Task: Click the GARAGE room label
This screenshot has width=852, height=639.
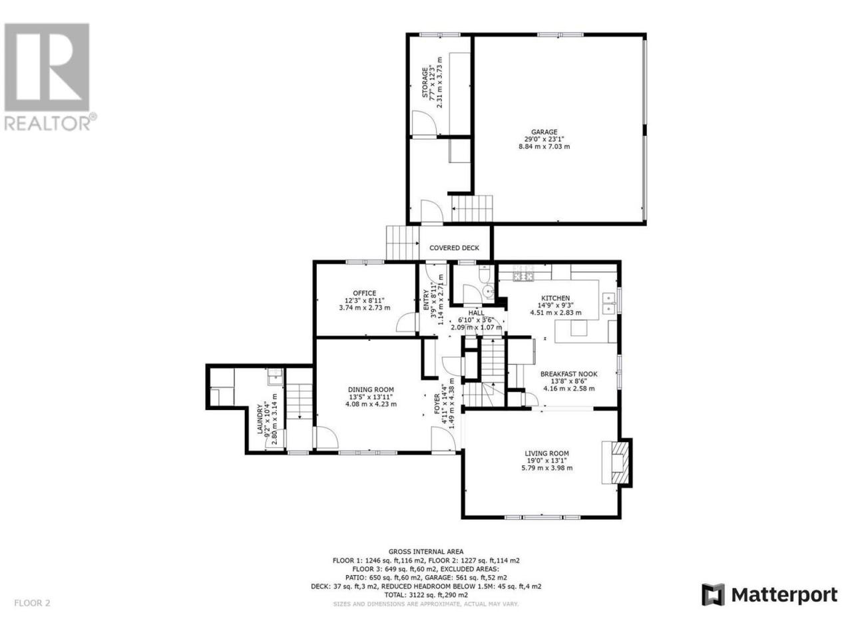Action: click(544, 132)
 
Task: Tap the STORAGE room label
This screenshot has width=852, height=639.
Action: click(425, 83)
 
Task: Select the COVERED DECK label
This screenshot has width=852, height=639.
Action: click(454, 248)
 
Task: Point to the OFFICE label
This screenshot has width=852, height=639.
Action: click(364, 294)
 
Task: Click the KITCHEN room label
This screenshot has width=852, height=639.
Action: click(555, 298)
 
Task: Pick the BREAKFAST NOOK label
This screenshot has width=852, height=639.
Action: click(568, 374)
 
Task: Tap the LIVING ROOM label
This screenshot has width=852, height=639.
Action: click(546, 453)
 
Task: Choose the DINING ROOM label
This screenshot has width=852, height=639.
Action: click(371, 389)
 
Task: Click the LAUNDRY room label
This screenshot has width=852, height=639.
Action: click(260, 419)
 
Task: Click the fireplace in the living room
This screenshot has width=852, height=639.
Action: click(616, 462)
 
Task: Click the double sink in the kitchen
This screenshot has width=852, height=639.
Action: click(608, 303)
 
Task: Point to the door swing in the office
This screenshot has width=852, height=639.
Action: click(407, 322)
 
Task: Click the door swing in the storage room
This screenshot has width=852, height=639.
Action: click(423, 122)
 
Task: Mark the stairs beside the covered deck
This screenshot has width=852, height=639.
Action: click(403, 243)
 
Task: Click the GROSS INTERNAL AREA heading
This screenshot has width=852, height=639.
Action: click(426, 551)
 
